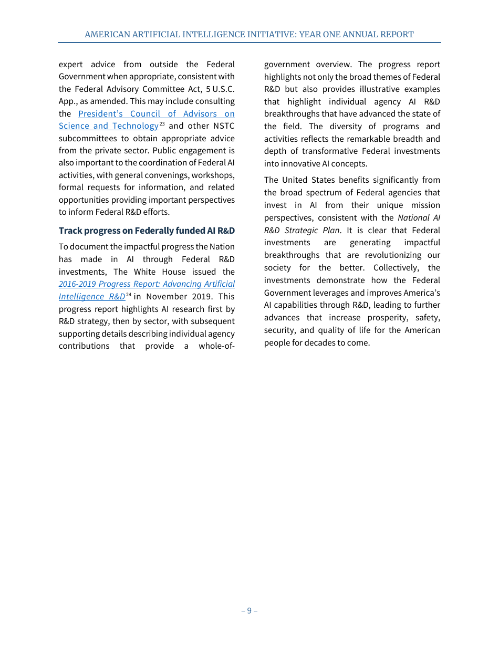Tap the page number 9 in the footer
tap(249, 610)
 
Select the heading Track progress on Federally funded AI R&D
tap(147, 231)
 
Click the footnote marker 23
tap(162, 124)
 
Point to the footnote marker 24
tap(129, 295)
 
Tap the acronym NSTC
tap(224, 126)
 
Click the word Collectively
tap(396, 268)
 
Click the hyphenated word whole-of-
tap(216, 346)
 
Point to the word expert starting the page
tap(71, 65)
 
